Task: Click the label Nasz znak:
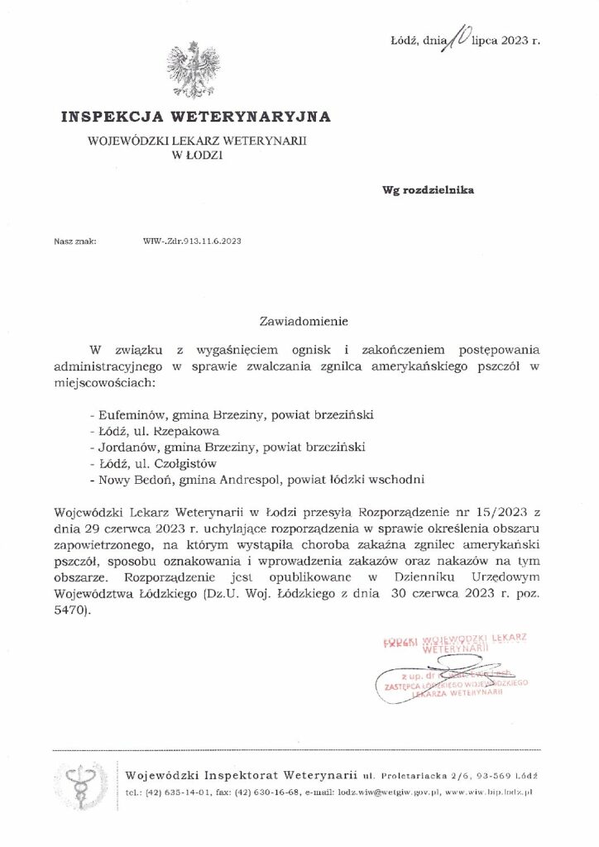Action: coord(75,242)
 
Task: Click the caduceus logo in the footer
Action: coord(84,784)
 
